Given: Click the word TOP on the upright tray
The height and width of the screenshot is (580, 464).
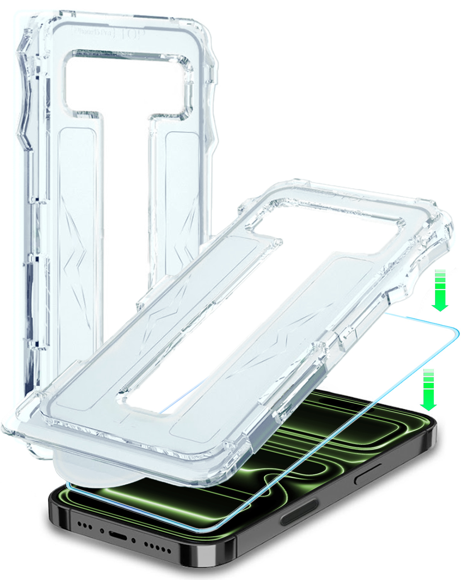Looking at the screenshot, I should coord(131,34).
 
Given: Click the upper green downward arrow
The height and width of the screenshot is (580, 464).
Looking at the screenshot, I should coord(440,290).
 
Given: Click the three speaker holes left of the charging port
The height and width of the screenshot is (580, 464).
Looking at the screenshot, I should coord(85,526).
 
